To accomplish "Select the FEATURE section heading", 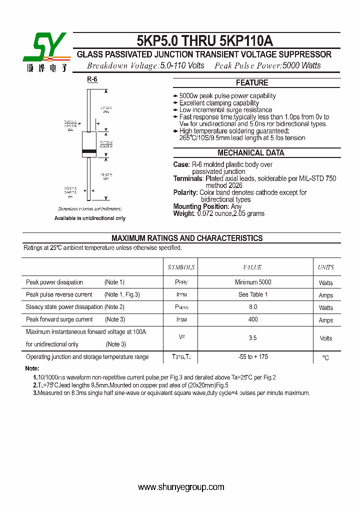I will tap(252, 83).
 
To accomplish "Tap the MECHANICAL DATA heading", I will tap(251, 153).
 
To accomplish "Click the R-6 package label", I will tap(92, 79).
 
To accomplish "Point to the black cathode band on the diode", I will tap(89, 151).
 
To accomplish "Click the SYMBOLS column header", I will tap(181, 267).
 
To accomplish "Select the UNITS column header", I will tap(326, 267).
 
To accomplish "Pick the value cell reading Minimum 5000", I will tap(252, 282).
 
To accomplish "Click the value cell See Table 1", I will tap(252, 294).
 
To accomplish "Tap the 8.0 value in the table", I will tap(252, 307).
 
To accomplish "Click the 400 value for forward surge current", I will tap(252, 319).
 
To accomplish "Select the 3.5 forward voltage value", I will tap(252, 338).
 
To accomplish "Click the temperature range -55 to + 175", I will tap(252, 357).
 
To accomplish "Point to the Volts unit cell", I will tap(326, 338).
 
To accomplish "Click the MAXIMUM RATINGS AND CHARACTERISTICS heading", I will tap(186, 238).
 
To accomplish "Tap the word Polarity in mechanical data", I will tap(185, 192).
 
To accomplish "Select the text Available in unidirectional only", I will tap(90, 218).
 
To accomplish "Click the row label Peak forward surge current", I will tap(59, 319).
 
